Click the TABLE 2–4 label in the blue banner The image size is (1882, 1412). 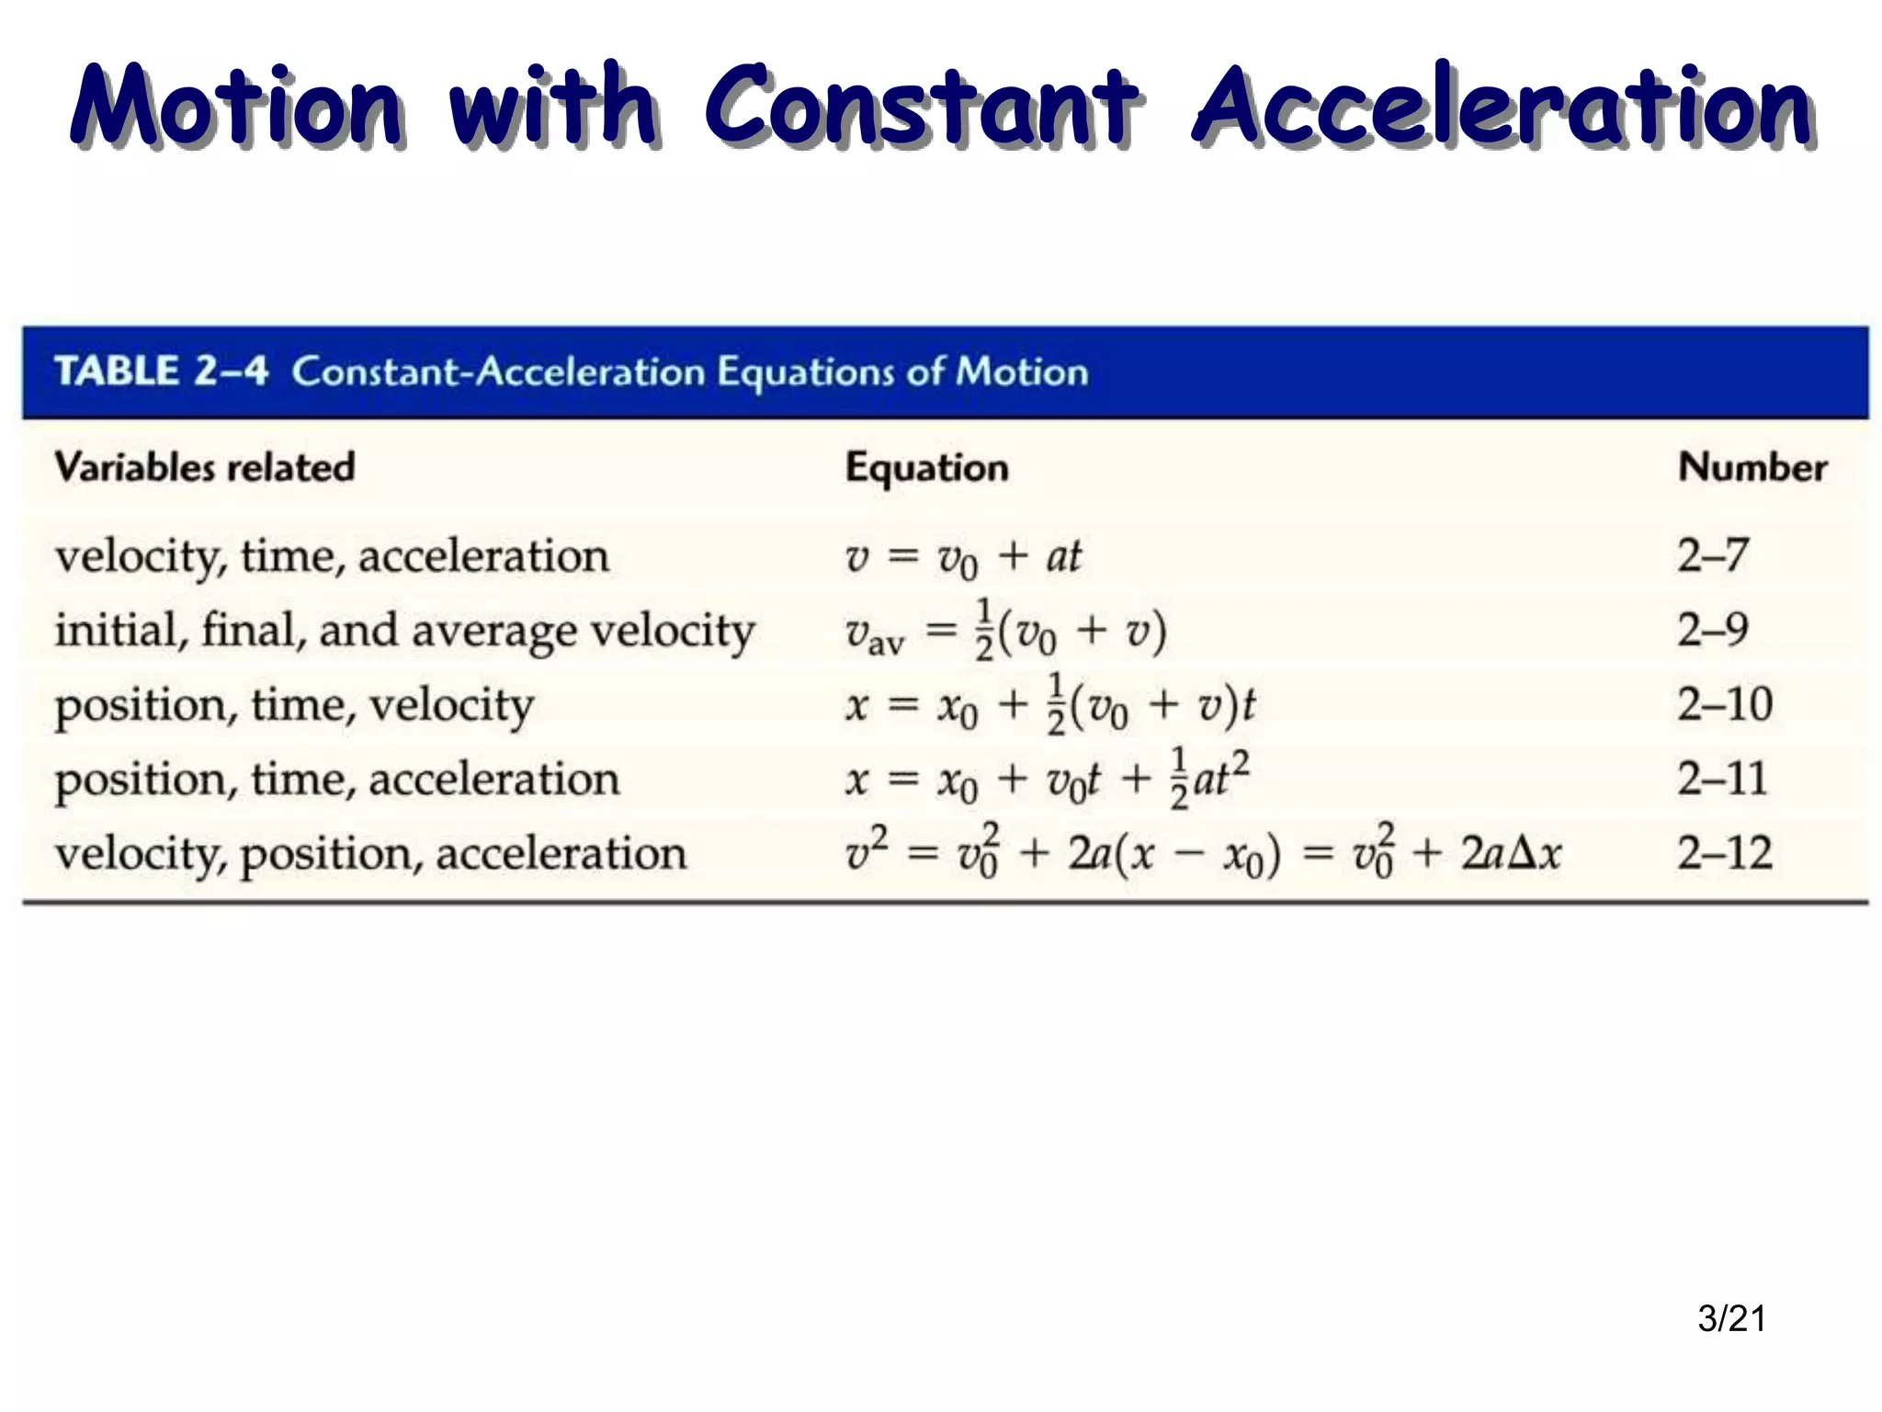click(x=162, y=371)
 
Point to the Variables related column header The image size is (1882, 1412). click(x=204, y=467)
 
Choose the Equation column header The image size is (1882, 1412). click(x=926, y=468)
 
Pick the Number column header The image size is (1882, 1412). click(x=1752, y=467)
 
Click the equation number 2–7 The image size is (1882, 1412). click(x=1712, y=555)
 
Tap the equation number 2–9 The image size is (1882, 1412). click(x=1712, y=631)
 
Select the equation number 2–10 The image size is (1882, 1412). click(x=1725, y=705)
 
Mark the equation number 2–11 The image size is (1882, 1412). click(x=1722, y=780)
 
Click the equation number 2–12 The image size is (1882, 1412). click(x=1725, y=853)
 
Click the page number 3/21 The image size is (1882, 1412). click(x=1732, y=1318)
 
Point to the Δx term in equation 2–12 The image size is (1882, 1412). click(x=1536, y=854)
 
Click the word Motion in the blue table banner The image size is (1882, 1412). click(x=1022, y=371)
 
